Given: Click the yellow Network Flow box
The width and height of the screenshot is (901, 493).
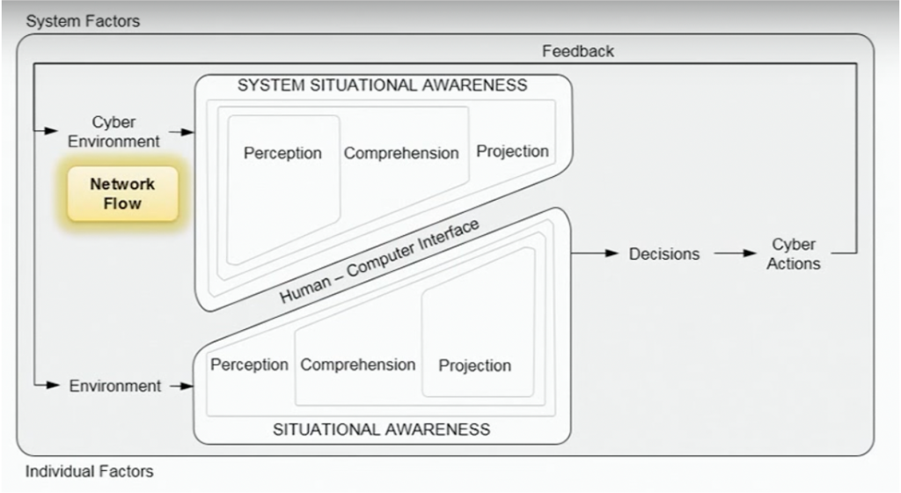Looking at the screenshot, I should (122, 194).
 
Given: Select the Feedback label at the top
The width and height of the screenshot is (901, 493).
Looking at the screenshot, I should (577, 51).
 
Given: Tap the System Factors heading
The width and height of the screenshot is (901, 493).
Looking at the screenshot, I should (83, 21).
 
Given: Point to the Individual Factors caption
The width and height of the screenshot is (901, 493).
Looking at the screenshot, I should (89, 472).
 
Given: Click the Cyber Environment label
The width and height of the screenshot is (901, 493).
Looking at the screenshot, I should (114, 131).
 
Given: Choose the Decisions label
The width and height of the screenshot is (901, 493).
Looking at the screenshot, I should (664, 254).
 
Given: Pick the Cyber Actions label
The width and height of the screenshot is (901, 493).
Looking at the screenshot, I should (793, 254).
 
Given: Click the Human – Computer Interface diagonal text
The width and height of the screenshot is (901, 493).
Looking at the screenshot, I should (379, 261).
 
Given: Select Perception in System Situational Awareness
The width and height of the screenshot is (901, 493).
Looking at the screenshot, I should (282, 153).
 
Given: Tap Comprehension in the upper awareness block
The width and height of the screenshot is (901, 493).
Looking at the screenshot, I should (401, 153).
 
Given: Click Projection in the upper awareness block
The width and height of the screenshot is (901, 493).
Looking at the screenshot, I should (512, 151).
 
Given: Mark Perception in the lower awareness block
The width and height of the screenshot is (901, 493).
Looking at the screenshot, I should (249, 364).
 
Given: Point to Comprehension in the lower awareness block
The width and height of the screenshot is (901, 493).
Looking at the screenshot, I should (358, 364).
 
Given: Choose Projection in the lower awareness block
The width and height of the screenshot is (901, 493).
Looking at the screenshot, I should (475, 365).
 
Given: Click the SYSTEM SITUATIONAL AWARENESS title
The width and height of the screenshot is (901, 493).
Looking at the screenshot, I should (382, 85).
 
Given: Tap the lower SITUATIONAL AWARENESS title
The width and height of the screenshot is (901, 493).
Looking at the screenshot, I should (382, 430).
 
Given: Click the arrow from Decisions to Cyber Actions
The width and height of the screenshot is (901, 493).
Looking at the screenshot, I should (736, 254).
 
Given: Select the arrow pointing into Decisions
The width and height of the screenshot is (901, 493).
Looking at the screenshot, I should (596, 254).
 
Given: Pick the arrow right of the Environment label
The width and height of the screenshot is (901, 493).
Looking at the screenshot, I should (180, 386).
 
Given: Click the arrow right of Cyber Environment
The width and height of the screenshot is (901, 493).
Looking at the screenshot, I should (181, 132).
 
